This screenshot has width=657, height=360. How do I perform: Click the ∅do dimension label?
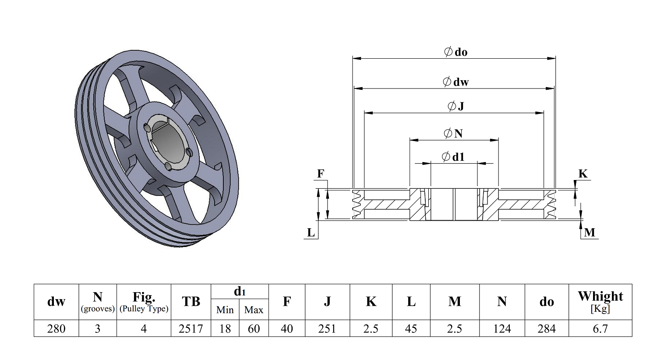click(456, 52)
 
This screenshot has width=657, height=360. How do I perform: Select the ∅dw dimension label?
click(456, 82)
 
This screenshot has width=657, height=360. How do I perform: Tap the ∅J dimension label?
click(456, 106)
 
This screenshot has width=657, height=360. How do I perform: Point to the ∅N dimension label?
click(453, 134)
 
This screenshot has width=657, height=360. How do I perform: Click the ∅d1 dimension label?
click(453, 157)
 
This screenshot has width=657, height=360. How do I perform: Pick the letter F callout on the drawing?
click(321, 174)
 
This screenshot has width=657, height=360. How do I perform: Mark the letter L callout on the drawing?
click(311, 233)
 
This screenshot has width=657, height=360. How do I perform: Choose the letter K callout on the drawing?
click(583, 174)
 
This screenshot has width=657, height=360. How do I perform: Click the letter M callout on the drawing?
click(590, 233)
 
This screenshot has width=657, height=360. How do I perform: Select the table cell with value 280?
click(56, 328)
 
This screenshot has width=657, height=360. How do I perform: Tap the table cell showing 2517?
click(191, 328)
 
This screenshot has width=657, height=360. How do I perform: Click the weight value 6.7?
click(600, 328)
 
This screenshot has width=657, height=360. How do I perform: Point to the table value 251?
click(327, 328)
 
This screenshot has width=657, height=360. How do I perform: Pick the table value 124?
click(502, 328)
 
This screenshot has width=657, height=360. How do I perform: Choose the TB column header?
click(191, 302)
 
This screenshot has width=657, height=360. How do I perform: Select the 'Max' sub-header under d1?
click(254, 310)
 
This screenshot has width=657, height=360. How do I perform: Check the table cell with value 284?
click(547, 328)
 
